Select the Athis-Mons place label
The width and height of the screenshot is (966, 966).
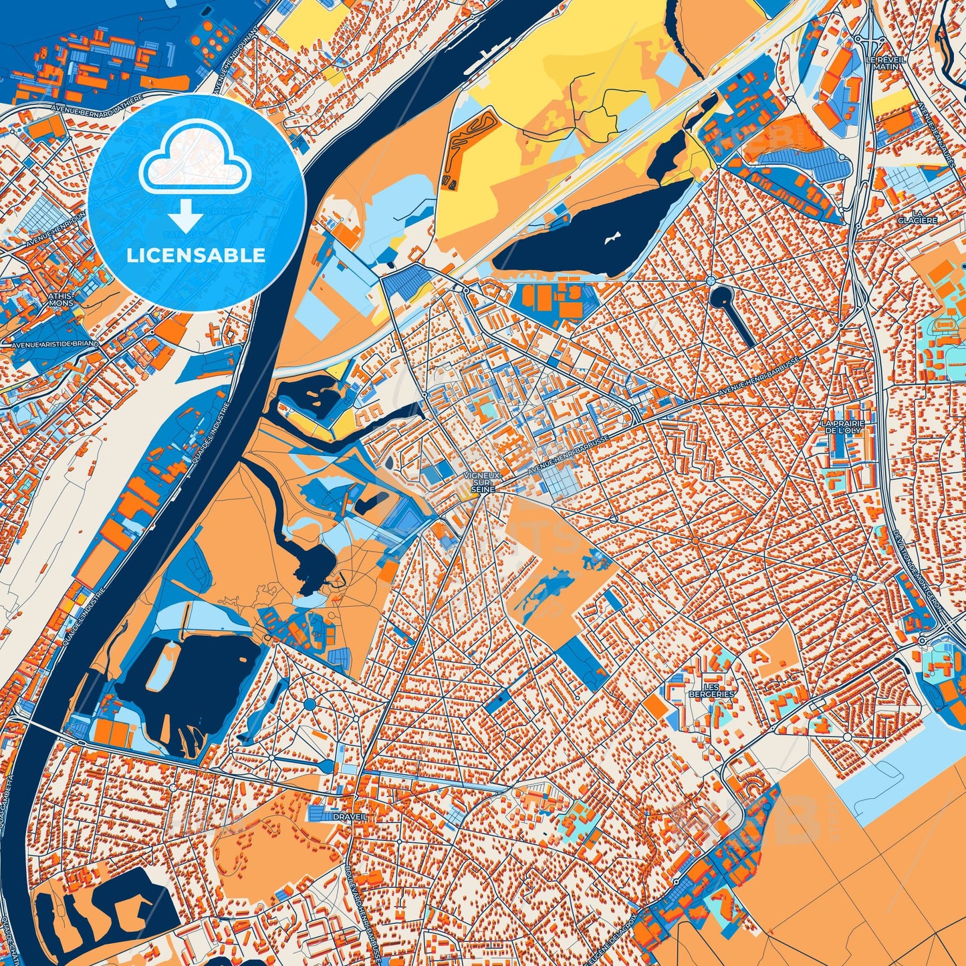[x=61, y=299]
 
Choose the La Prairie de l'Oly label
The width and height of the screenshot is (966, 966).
[x=844, y=427]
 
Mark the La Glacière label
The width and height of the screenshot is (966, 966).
[x=927, y=217]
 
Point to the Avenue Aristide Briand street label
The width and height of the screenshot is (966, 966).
[x=55, y=344]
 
